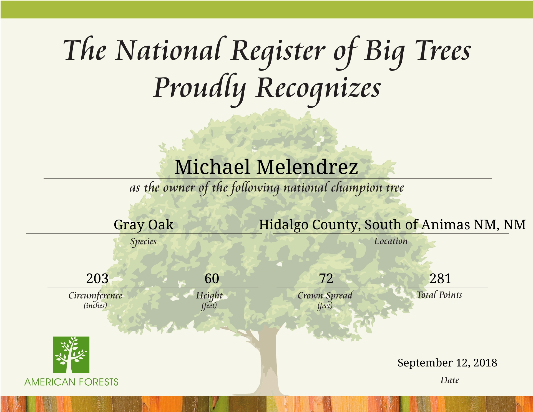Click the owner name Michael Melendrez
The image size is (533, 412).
(266, 167)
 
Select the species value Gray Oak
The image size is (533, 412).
(144, 225)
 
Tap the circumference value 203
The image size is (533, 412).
(97, 278)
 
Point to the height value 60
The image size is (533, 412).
(212, 278)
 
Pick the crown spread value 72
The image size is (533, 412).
(326, 278)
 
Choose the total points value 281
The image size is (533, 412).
(440, 278)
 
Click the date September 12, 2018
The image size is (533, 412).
(447, 363)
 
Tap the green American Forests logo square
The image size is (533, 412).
(71, 355)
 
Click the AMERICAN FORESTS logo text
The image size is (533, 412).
(71, 382)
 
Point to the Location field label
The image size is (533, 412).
(391, 241)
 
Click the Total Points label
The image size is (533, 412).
(439, 295)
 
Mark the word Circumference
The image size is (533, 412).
(95, 295)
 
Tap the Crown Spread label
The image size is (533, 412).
(325, 295)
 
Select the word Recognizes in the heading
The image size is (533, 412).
(318, 88)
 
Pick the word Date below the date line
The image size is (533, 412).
(449, 380)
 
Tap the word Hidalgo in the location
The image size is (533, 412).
(283, 225)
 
